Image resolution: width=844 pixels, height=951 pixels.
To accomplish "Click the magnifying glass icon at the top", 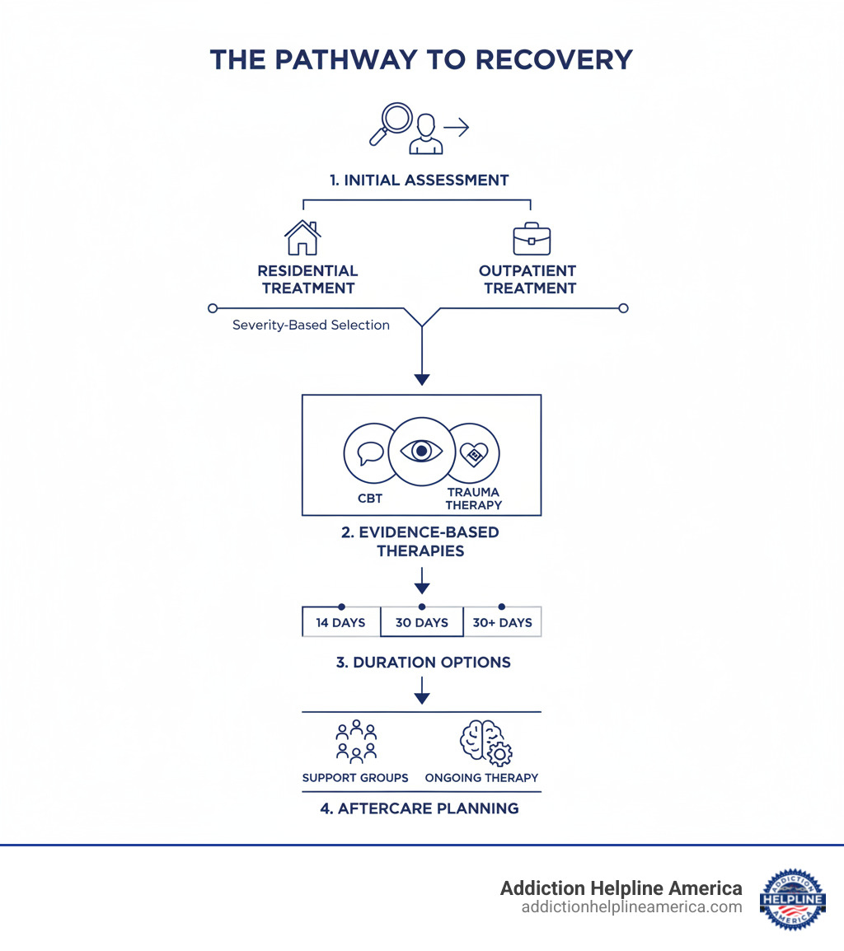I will click(x=390, y=123).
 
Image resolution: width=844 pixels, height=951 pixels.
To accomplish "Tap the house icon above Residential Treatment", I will click(x=302, y=237).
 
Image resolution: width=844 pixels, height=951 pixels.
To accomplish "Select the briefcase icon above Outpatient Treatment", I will click(x=531, y=238).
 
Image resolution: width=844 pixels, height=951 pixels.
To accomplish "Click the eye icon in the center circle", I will click(x=421, y=451).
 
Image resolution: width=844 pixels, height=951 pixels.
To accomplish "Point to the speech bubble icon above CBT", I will click(x=370, y=452).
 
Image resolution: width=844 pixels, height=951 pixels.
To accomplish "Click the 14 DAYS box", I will click(x=340, y=622).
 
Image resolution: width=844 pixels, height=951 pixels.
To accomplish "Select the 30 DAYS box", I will click(x=421, y=622).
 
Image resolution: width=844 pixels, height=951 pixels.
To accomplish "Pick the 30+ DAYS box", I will click(x=502, y=622).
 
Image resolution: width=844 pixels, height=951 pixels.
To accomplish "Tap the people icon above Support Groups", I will click(x=356, y=740).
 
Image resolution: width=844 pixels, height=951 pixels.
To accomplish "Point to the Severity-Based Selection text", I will click(x=311, y=325).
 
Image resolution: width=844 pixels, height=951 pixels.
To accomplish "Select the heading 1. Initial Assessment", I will click(x=420, y=180).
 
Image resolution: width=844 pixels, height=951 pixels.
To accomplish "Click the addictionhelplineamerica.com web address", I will click(x=631, y=907).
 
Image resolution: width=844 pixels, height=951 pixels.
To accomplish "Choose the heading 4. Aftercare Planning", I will click(x=420, y=808).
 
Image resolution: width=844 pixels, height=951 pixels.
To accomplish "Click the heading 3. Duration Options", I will click(x=423, y=663).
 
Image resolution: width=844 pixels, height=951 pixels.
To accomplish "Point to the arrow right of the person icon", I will click(x=456, y=127).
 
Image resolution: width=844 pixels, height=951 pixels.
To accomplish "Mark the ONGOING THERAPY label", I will click(x=481, y=778).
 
